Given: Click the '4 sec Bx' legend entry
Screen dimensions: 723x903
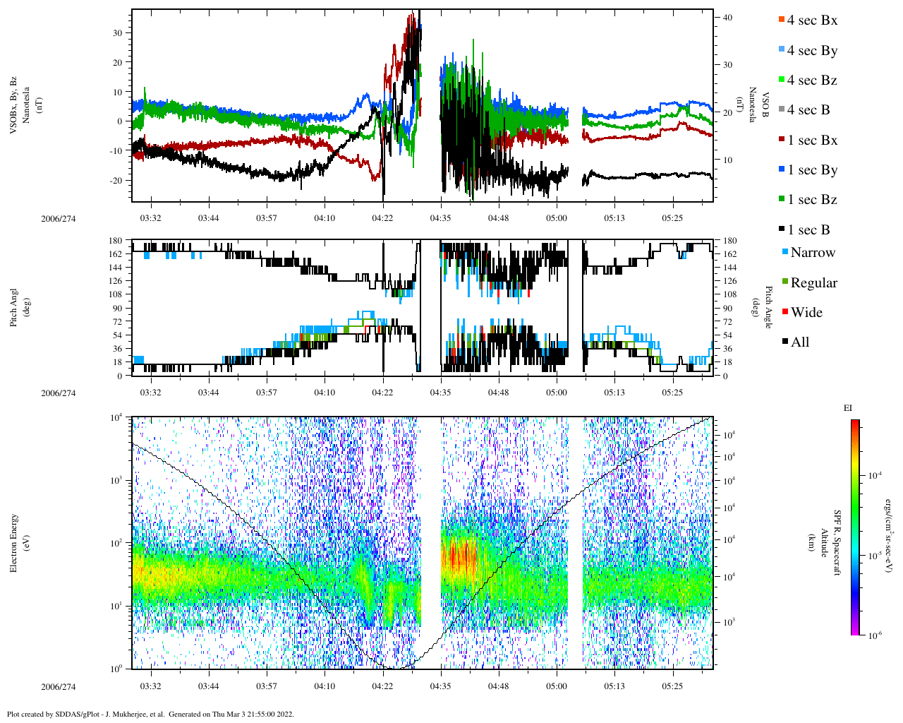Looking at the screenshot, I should pos(812,20).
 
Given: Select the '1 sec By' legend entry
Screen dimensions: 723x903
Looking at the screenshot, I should pos(812,170).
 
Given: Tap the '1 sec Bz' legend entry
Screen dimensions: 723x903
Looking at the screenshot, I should pos(812,200).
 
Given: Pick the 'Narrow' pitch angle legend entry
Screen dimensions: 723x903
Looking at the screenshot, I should pos(812,253).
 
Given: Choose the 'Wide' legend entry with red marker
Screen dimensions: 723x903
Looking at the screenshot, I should pos(806,313).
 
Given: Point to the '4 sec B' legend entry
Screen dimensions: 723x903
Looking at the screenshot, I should pos(808,110).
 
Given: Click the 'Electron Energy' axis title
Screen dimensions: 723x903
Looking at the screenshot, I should pos(14,542).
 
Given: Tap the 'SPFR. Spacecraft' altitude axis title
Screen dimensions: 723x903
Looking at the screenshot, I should pos(837,542).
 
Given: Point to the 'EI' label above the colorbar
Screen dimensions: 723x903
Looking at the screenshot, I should pos(847,408).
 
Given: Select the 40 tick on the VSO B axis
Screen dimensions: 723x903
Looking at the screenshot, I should pos(727,17).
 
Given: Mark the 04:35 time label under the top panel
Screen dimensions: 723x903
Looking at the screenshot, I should pos(440,218).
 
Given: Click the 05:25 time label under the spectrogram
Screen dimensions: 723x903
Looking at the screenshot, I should pos(672,686).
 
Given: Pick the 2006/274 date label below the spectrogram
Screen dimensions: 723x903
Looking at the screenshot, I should pos(58,687).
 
